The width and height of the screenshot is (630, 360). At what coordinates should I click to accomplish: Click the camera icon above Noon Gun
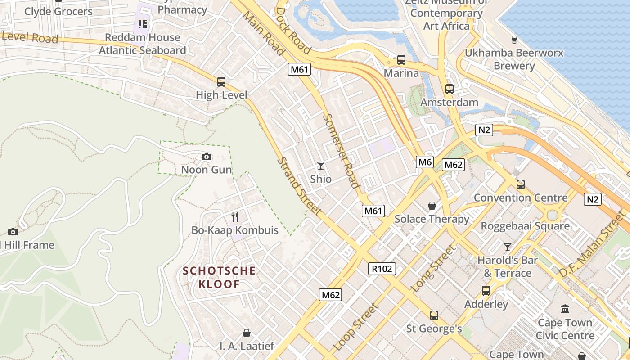(x=207, y=157)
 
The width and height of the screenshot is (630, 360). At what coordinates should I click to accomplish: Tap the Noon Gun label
(x=207, y=170)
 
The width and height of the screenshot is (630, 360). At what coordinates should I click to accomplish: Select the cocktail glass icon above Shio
(x=321, y=166)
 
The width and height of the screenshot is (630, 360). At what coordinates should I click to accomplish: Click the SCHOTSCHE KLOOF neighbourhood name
(x=219, y=277)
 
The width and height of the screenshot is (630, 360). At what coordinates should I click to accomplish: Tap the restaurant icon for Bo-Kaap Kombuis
(x=234, y=217)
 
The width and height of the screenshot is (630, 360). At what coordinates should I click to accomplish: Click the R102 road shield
(x=382, y=269)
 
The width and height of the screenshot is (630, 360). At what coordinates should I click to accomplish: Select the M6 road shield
(x=425, y=162)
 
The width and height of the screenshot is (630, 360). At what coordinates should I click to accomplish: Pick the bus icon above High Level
(x=221, y=82)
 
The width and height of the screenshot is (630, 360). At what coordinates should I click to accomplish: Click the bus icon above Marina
(x=401, y=60)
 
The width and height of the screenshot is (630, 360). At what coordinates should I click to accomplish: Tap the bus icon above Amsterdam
(x=449, y=89)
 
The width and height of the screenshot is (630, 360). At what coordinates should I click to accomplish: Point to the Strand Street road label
(x=299, y=186)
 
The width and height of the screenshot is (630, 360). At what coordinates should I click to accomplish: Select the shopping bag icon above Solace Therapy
(x=432, y=206)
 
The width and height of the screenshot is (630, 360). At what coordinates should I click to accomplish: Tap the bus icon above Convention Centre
(x=521, y=184)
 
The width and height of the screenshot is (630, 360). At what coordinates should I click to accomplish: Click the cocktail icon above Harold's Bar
(x=508, y=247)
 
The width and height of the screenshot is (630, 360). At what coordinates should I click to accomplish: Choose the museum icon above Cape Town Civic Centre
(x=565, y=309)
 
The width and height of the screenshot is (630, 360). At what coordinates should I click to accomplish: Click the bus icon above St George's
(x=434, y=315)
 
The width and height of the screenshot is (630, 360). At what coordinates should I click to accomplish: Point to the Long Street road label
(x=433, y=268)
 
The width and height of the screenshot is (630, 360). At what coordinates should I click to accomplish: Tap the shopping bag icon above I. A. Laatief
(x=247, y=333)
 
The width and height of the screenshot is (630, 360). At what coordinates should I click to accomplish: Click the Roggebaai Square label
(x=525, y=226)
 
